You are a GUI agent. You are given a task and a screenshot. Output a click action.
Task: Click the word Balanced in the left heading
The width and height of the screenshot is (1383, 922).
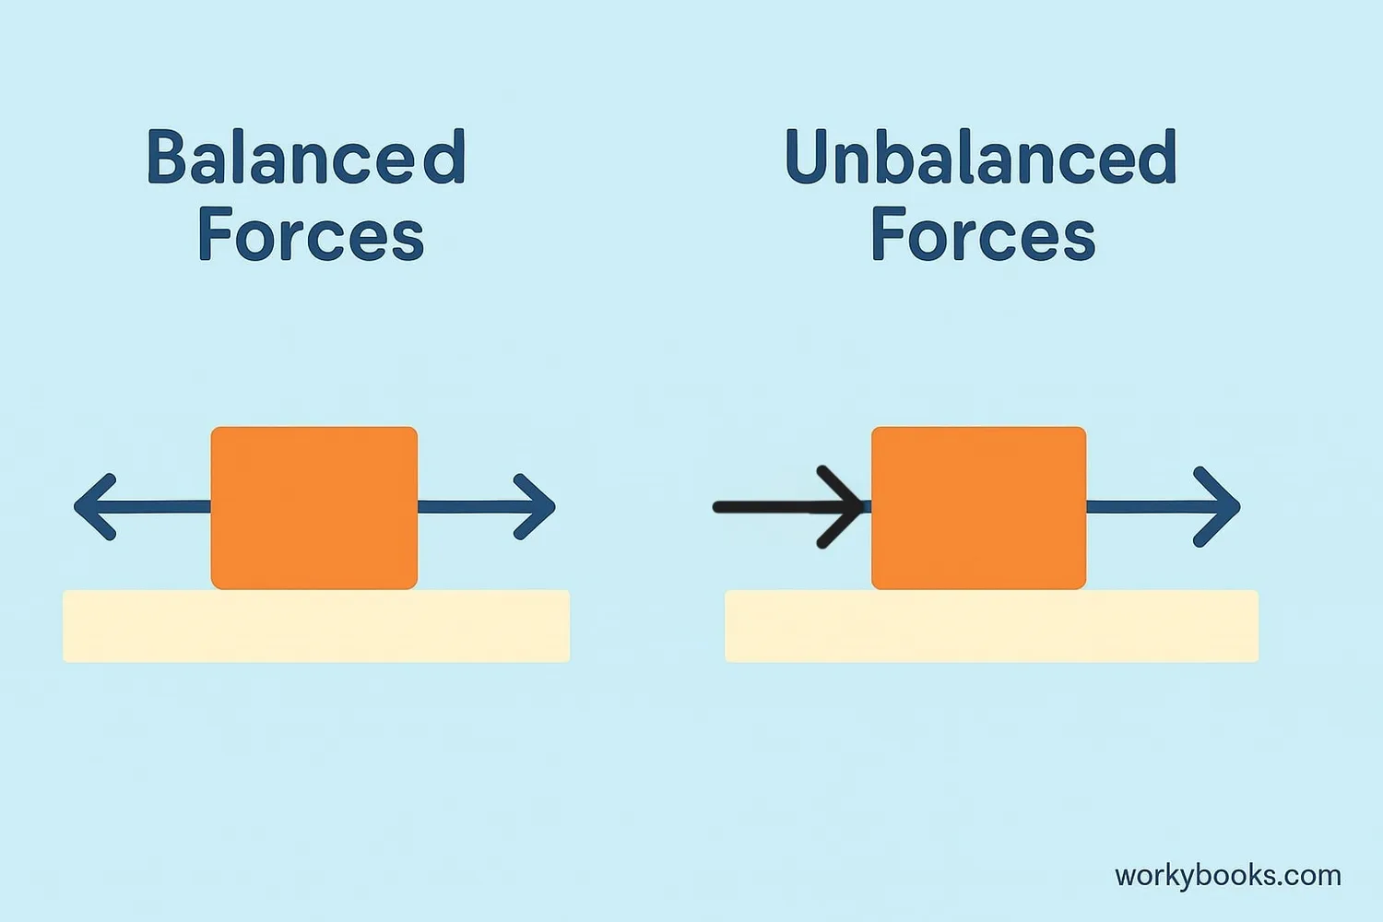(x=306, y=158)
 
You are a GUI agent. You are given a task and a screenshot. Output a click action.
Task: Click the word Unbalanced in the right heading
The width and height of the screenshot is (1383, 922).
(x=980, y=158)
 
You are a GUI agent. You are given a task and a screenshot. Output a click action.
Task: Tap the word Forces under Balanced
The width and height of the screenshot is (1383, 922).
(x=311, y=235)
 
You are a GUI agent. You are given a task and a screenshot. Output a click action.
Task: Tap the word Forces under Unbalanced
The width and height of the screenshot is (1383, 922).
(x=983, y=235)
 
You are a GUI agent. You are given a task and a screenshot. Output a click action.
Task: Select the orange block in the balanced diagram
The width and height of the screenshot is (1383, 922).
(x=314, y=507)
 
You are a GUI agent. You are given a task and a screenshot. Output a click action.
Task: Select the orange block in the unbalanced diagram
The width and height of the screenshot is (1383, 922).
(x=978, y=507)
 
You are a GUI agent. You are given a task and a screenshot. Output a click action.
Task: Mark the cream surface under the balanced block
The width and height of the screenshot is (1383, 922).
(x=316, y=626)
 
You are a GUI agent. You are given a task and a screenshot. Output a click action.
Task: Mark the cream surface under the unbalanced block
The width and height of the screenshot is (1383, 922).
(x=991, y=626)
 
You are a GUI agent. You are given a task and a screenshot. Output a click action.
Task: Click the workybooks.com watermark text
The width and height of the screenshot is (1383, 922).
(x=1227, y=875)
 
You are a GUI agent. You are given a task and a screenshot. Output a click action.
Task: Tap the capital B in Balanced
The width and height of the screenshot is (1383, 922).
(x=167, y=158)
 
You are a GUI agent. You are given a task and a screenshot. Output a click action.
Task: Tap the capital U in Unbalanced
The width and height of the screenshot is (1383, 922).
(x=808, y=158)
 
